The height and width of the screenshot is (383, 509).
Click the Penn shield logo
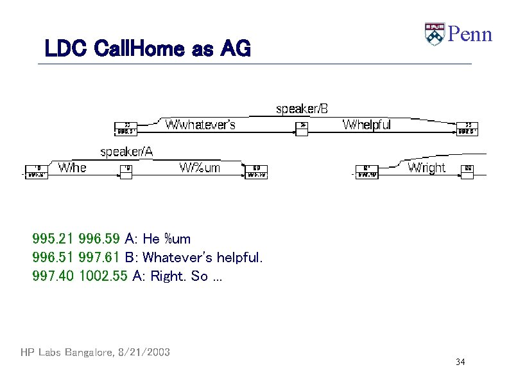435,33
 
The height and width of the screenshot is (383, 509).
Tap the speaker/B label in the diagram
301,109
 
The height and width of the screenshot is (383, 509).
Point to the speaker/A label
126,152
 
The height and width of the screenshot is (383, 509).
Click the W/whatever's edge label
200,125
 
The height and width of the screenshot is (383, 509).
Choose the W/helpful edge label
367,125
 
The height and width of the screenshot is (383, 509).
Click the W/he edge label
72,168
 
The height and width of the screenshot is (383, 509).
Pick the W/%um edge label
200,168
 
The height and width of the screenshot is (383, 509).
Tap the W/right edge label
426,168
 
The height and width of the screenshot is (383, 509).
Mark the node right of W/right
468,170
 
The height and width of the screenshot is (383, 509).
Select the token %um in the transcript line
177,240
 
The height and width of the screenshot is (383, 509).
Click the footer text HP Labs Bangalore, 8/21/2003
95,352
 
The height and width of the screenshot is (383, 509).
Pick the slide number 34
460,362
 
